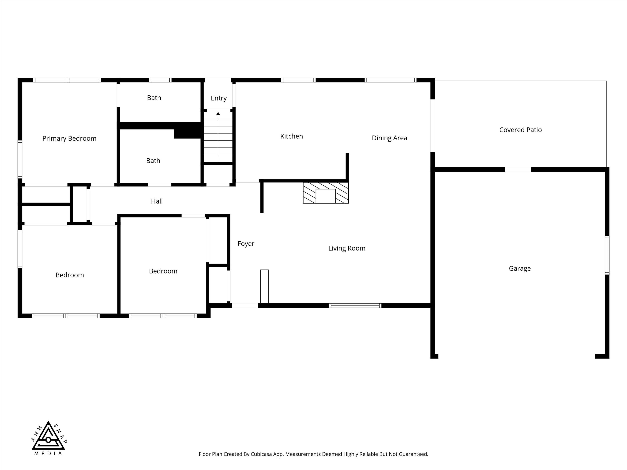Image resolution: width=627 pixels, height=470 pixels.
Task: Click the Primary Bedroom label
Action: pyautogui.click(x=69, y=139)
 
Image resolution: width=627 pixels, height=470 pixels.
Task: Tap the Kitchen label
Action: pyautogui.click(x=291, y=136)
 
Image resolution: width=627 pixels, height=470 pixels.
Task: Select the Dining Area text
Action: pyautogui.click(x=389, y=138)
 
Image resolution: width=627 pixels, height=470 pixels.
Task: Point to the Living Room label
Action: pyautogui.click(x=347, y=248)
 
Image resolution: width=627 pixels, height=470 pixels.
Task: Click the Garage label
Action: pyautogui.click(x=520, y=269)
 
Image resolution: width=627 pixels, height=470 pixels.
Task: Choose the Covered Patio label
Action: pyautogui.click(x=520, y=130)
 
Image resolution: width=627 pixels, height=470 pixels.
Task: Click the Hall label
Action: pyautogui.click(x=157, y=201)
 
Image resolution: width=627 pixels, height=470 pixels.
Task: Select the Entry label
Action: pyautogui.click(x=219, y=98)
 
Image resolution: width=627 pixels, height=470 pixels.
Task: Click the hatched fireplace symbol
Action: pyautogui.click(x=326, y=193)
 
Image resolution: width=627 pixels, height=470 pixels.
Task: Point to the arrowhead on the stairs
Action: pyautogui.click(x=218, y=114)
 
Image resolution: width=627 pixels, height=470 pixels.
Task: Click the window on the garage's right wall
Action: pyautogui.click(x=607, y=255)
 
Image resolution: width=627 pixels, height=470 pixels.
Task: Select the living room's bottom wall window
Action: pyautogui.click(x=355, y=305)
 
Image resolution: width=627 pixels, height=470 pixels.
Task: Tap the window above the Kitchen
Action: pyautogui.click(x=298, y=80)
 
